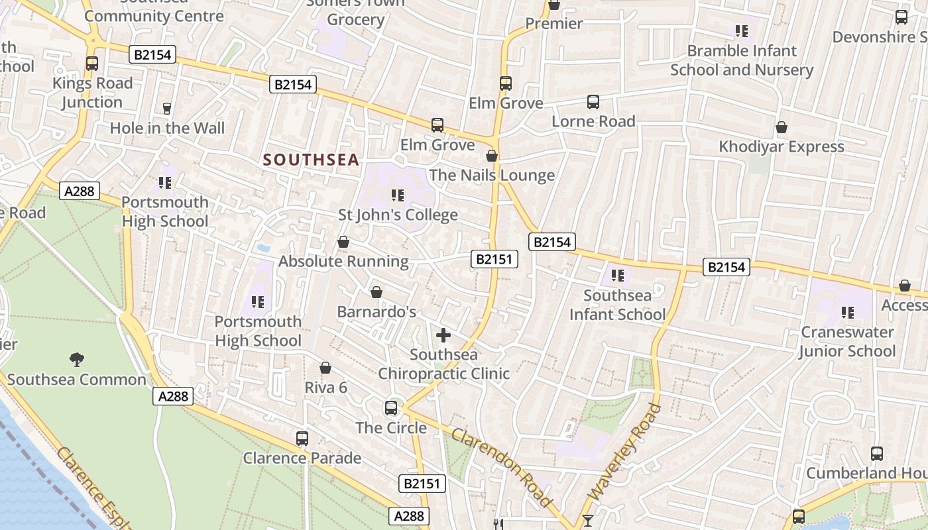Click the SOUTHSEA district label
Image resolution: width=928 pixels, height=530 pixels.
point(311,160)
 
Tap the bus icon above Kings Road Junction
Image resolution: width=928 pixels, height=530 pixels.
point(92,64)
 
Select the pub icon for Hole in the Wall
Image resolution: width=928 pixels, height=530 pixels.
point(167,108)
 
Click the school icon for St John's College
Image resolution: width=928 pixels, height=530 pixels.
point(398,195)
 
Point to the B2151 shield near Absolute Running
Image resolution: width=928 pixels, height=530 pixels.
point(494,259)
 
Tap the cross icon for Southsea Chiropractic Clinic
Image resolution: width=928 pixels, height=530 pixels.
point(443,335)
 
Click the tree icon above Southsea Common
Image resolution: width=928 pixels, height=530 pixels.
point(77,360)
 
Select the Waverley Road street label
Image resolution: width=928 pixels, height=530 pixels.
point(625,452)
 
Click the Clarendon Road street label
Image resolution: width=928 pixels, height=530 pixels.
point(502,468)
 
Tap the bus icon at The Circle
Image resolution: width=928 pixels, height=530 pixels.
point(391,407)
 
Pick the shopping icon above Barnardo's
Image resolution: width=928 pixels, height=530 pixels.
point(377,292)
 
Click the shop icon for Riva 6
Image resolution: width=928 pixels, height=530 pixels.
point(325,368)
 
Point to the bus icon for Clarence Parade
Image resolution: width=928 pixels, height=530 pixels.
point(302,438)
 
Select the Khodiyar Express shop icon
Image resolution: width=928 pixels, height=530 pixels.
point(782,127)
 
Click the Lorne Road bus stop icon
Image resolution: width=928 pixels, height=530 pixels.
point(593,102)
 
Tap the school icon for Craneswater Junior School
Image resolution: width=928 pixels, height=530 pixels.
point(847,312)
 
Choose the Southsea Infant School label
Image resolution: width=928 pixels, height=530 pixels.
point(617,305)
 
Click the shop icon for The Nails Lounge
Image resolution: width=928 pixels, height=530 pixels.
point(492,156)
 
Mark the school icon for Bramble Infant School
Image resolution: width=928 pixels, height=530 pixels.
point(742,30)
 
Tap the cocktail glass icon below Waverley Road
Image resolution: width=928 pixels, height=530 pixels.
point(587,520)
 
